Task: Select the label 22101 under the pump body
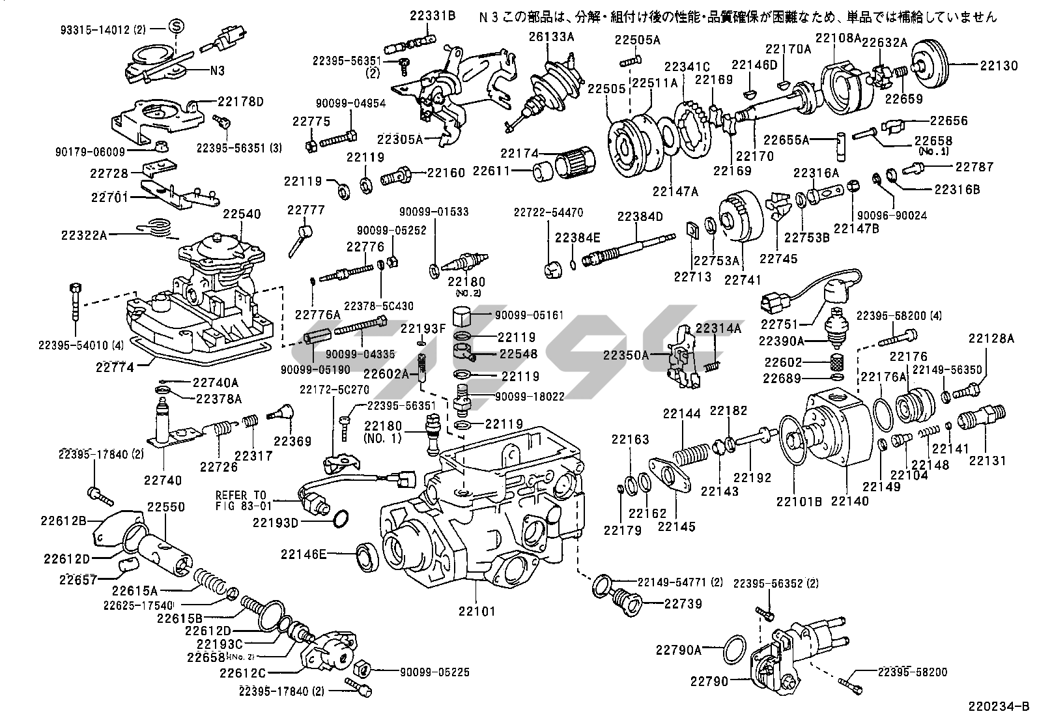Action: [x=477, y=611]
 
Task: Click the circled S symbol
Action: [x=176, y=26]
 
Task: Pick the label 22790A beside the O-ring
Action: [x=679, y=649]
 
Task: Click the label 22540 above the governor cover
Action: [x=242, y=214]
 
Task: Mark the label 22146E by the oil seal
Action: [x=303, y=554]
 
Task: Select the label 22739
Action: [x=683, y=604]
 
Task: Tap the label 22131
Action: [x=987, y=461]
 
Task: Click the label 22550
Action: [x=165, y=506]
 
